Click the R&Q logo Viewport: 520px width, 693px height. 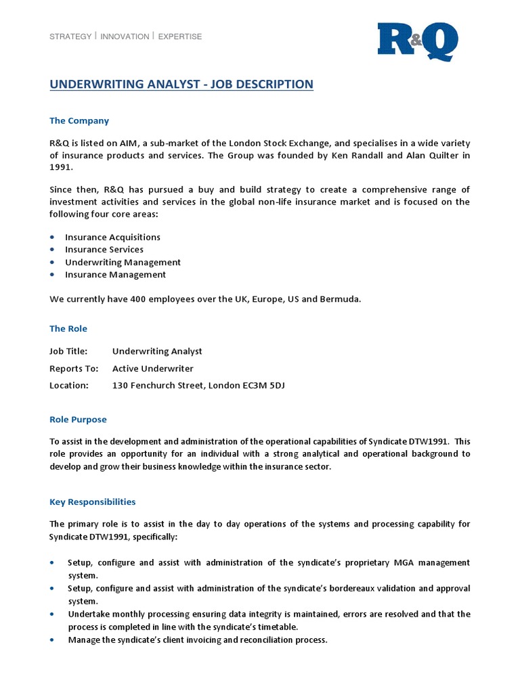click(417, 42)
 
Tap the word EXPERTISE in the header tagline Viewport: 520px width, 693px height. click(180, 37)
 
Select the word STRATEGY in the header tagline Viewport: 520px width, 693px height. click(70, 37)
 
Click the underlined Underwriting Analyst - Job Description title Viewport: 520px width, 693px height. click(181, 85)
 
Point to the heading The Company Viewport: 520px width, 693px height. click(79, 121)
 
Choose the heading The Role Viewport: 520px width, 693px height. click(68, 329)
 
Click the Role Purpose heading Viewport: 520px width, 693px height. click(78, 420)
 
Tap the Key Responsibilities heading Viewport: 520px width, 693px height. click(93, 502)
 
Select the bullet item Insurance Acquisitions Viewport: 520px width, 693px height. click(112, 238)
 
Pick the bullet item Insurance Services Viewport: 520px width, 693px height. click(104, 250)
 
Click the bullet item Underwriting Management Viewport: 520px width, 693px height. click(123, 263)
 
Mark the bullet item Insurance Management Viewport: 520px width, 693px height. click(115, 275)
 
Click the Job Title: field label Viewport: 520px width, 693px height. click(68, 352)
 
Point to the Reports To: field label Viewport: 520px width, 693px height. click(74, 369)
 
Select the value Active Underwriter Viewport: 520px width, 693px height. click(152, 369)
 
